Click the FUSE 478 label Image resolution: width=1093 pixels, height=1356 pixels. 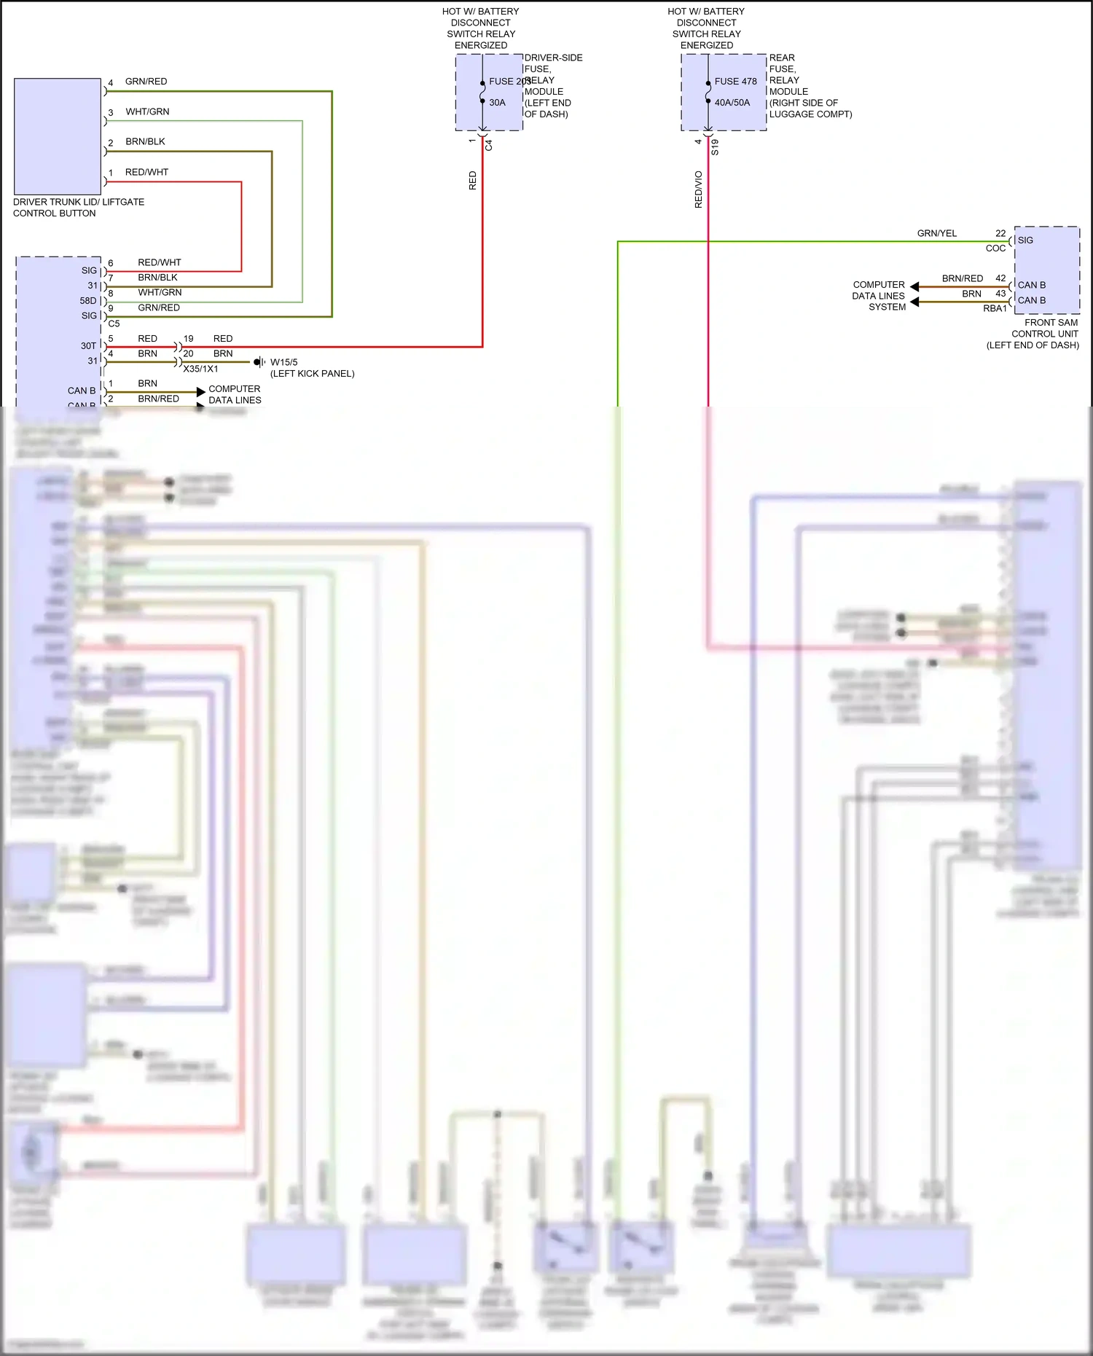(735, 82)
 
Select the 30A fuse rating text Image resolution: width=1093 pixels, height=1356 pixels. (497, 103)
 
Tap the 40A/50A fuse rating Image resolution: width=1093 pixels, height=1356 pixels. (732, 103)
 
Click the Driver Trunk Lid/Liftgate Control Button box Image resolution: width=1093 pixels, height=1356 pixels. (58, 136)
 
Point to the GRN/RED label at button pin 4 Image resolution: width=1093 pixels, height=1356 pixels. (146, 82)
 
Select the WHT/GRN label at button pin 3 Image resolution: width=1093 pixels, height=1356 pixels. (147, 111)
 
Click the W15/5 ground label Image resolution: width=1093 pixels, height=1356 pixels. (283, 362)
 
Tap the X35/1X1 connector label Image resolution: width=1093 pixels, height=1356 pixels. (200, 369)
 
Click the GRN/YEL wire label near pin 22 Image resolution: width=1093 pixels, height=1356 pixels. (936, 233)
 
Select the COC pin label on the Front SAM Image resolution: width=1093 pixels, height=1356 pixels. (995, 248)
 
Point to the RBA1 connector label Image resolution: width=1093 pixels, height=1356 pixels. (995, 309)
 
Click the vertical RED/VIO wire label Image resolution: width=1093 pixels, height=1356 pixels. (698, 189)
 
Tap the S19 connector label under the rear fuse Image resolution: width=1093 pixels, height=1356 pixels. (715, 147)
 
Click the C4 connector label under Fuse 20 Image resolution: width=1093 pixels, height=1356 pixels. (489, 146)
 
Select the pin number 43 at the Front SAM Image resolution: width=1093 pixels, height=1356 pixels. (1000, 294)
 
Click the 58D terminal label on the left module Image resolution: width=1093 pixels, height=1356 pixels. (87, 301)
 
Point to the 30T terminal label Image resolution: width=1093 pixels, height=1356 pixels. (88, 346)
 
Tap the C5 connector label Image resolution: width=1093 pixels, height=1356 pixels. (114, 324)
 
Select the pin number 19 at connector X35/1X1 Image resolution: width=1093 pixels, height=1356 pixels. (188, 339)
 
